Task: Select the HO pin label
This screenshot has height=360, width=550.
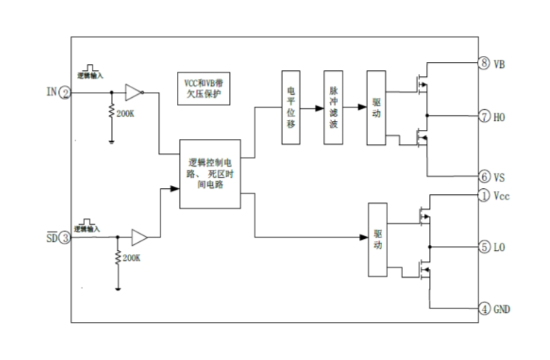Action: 501,117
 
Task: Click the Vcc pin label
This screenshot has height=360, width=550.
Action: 502,196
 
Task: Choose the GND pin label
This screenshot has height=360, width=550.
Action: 503,308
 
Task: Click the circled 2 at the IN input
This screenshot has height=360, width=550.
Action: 66,93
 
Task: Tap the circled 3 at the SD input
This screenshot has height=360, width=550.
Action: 66,238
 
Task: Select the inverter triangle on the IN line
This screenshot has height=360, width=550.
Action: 133,93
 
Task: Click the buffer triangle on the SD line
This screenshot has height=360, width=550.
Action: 139,238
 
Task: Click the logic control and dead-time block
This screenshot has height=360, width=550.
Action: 210,173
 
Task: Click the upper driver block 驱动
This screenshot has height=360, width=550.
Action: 376,108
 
